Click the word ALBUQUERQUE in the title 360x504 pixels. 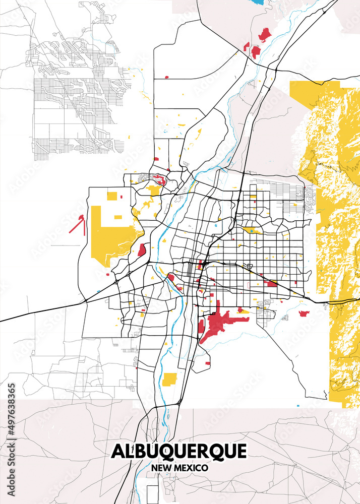(x=179, y=451)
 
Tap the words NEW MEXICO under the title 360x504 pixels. (x=179, y=468)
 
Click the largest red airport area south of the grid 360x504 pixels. (x=217, y=323)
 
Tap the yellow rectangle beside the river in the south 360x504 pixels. (x=170, y=380)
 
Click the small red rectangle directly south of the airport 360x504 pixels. (x=208, y=362)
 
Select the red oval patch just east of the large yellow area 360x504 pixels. (x=142, y=249)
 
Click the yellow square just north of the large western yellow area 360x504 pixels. (x=111, y=196)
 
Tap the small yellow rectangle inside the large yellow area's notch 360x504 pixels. (x=118, y=217)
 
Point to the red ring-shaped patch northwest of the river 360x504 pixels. (x=158, y=178)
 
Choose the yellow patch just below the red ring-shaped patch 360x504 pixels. (x=154, y=190)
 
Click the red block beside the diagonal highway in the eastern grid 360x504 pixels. (x=270, y=283)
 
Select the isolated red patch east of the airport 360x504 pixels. (x=304, y=313)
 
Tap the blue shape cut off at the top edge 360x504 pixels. (x=259, y=2)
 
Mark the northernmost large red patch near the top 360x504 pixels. (x=264, y=34)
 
